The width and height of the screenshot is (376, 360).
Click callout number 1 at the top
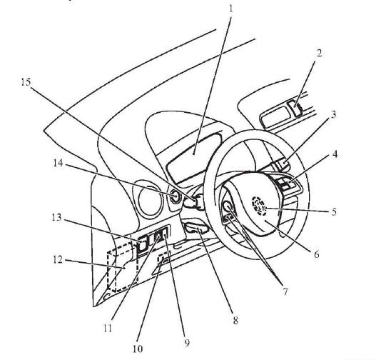[231, 9]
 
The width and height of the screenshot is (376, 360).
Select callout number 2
[319, 53]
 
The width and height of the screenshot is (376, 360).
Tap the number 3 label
[334, 114]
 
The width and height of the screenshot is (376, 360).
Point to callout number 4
[335, 154]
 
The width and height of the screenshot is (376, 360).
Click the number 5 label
[334, 211]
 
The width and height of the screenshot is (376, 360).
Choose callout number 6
[317, 254]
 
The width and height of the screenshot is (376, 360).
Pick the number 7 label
[285, 291]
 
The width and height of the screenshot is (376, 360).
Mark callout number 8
[235, 320]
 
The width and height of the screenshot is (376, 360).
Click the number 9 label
[187, 342]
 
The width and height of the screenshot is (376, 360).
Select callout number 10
[138, 349]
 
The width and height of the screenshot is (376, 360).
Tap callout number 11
[108, 328]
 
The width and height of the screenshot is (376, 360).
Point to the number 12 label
[57, 259]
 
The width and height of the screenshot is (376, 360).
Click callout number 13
[57, 217]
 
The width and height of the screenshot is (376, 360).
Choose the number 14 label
[58, 163]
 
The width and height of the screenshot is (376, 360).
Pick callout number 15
[26, 82]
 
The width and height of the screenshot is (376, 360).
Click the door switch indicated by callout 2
[295, 108]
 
